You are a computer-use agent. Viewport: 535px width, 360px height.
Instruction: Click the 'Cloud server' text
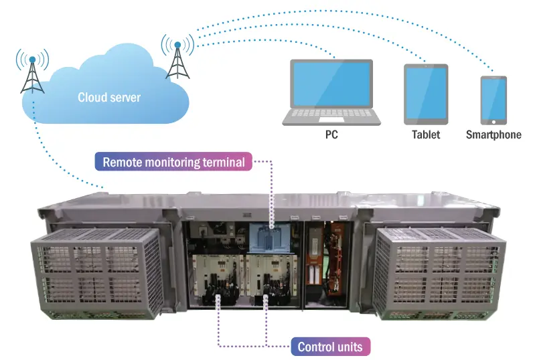(x=109, y=98)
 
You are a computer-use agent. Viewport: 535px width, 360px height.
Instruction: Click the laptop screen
(x=331, y=84)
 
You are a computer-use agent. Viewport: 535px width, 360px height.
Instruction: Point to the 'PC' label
(x=331, y=135)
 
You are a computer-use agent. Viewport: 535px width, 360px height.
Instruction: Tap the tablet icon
(x=425, y=94)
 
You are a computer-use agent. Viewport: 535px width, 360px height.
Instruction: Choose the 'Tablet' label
(x=426, y=135)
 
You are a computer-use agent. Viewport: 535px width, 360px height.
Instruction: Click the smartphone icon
(x=493, y=100)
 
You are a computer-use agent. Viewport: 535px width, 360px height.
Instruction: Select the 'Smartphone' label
(x=493, y=135)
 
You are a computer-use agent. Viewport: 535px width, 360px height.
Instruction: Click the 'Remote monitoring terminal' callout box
(x=173, y=162)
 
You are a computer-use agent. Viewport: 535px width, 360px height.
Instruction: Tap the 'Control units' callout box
(x=331, y=347)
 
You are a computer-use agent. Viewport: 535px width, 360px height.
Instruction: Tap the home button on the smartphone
(x=493, y=122)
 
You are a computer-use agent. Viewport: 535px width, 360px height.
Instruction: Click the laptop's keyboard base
(x=331, y=118)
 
